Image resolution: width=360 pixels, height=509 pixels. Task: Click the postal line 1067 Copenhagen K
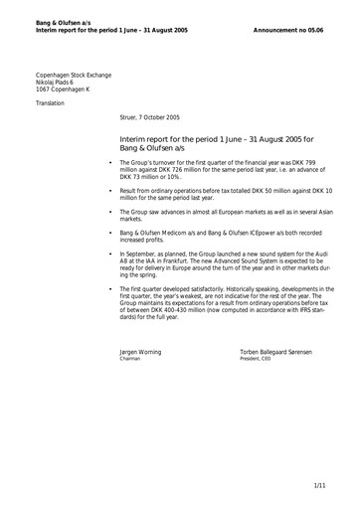[x=64, y=92]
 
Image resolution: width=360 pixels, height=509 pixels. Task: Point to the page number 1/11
[x=319, y=485]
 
